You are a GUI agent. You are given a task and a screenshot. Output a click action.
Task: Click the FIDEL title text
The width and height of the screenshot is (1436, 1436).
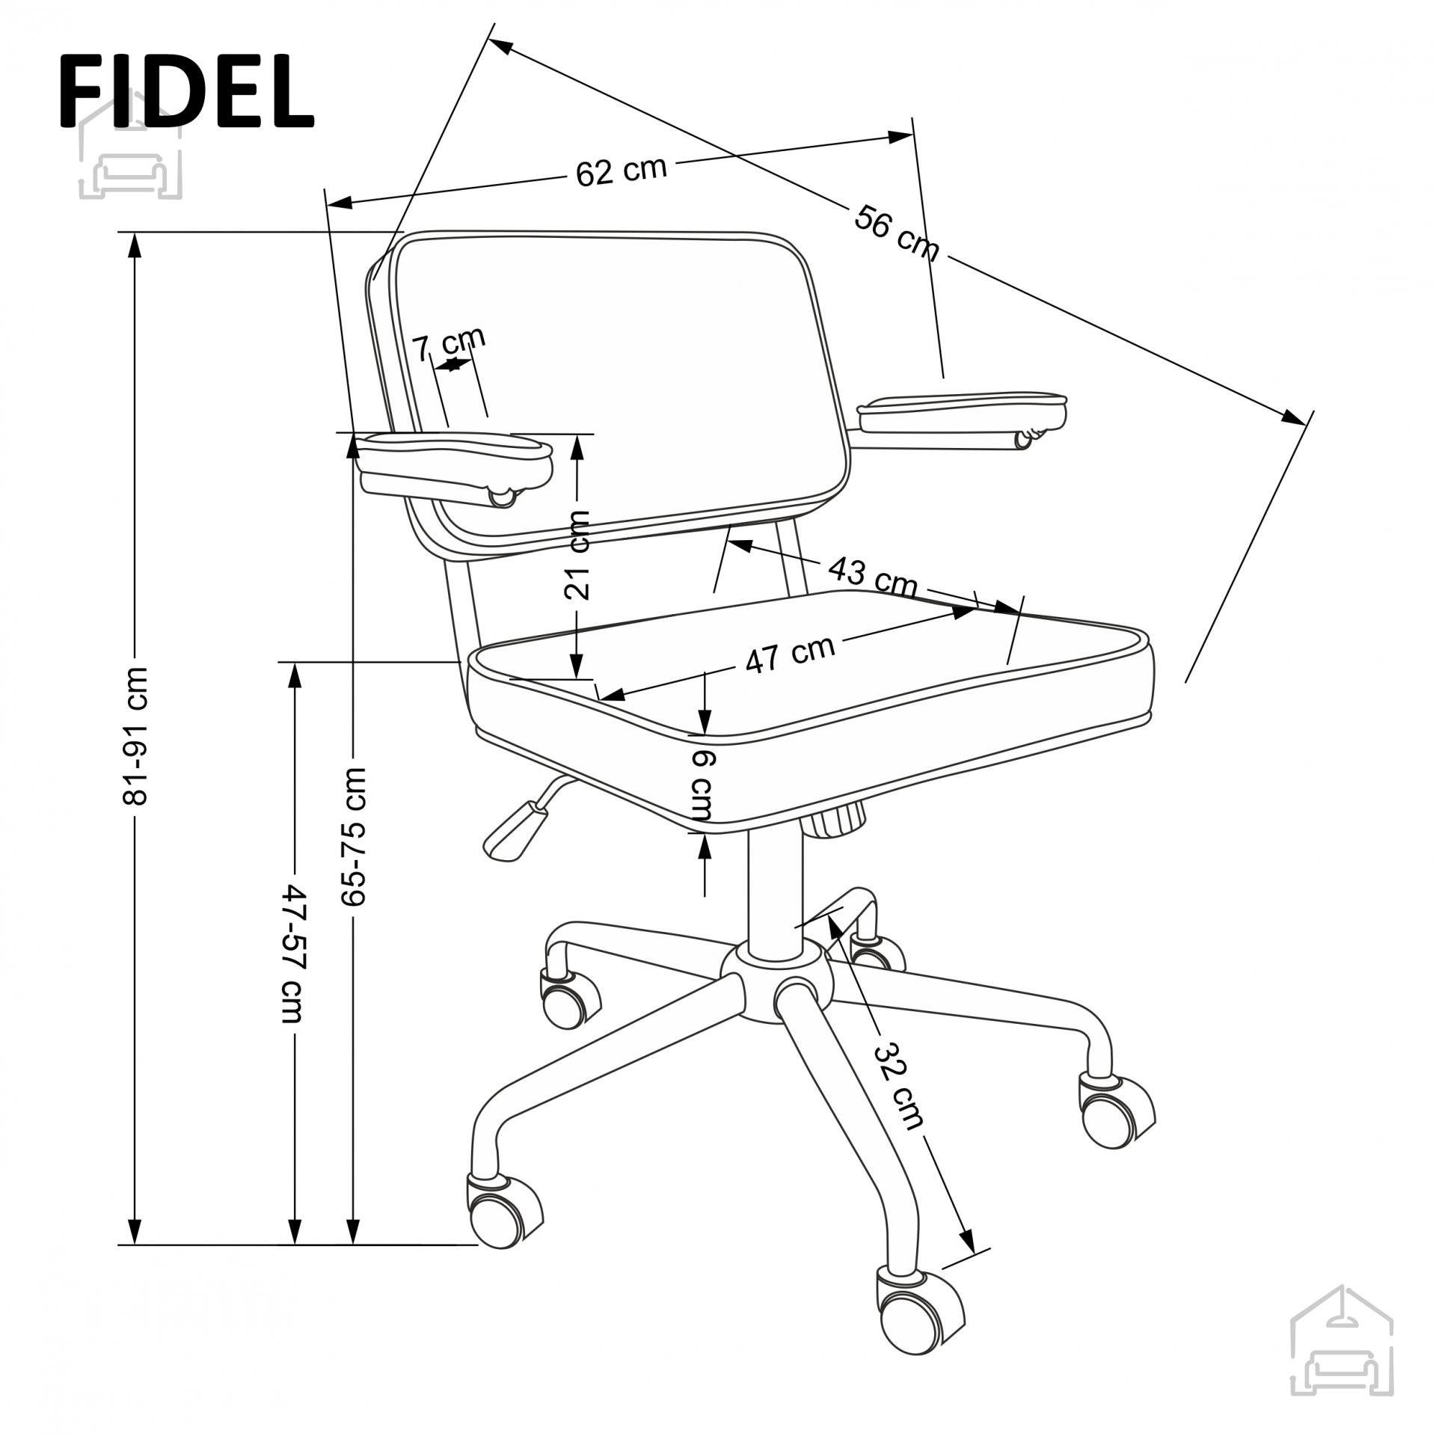coord(186,93)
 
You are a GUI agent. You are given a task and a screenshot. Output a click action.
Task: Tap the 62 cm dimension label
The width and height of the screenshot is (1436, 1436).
coord(621,171)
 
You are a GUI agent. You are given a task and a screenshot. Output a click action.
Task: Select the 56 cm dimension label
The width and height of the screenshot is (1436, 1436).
coord(896,232)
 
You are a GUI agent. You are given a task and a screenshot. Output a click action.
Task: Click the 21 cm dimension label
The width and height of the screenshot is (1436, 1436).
coord(577,544)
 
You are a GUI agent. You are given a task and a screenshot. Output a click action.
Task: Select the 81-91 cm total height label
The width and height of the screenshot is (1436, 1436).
coord(136,734)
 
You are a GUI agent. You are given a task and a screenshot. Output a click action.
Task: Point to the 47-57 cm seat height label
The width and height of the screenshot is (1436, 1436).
coord(292,955)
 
